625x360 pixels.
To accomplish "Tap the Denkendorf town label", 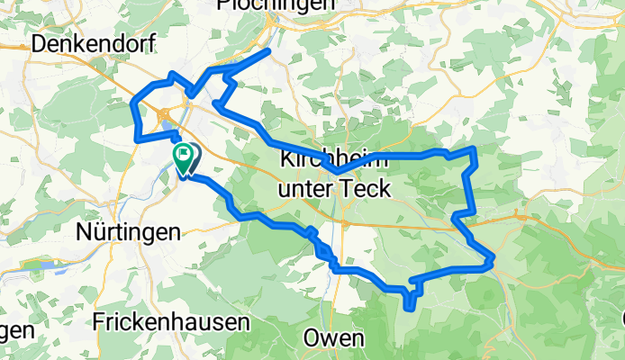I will (94, 43).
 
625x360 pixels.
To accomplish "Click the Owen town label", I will (333, 338).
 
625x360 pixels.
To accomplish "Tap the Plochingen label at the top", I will (276, 4).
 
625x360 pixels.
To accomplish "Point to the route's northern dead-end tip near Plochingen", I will (268, 53).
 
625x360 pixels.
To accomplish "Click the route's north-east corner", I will (474, 148).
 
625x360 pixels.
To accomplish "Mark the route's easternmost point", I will (494, 261).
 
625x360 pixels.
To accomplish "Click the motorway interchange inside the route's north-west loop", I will (164, 113).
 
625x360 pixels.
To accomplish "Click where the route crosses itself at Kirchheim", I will (335, 170).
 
